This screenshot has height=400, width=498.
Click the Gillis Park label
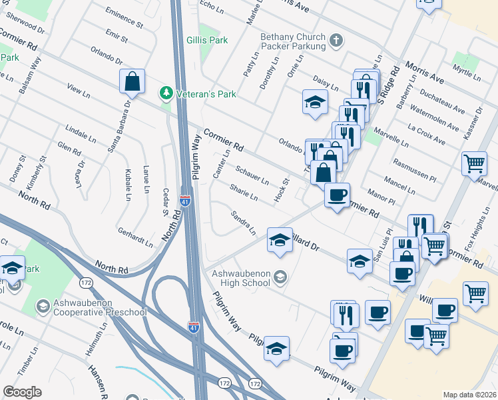[208, 41]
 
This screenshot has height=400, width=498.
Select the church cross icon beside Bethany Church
[337, 41]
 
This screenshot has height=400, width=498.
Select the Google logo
[22, 392]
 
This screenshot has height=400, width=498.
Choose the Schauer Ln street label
[252, 175]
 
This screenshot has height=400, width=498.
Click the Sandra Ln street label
[243, 223]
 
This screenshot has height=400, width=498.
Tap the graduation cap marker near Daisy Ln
[316, 102]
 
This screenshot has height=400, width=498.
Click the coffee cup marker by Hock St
[337, 195]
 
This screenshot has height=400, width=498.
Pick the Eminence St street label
[124, 18]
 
